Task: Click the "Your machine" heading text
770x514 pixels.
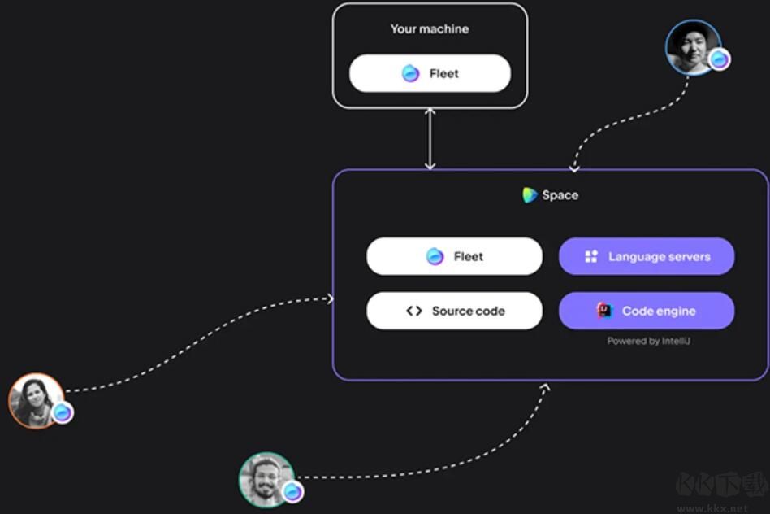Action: [430, 29]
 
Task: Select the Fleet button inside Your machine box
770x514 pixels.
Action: [430, 73]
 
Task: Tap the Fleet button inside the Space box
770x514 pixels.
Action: [454, 256]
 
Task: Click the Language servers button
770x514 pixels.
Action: [647, 256]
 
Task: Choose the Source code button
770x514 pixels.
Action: [454, 311]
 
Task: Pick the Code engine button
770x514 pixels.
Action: [647, 311]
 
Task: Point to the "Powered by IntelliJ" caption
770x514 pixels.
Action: [649, 341]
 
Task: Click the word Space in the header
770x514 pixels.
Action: [560, 195]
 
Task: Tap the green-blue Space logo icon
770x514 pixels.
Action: [530, 195]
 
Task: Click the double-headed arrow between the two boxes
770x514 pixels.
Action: [430, 139]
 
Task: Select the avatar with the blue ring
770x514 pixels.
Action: [693, 48]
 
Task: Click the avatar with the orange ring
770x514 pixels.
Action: [37, 400]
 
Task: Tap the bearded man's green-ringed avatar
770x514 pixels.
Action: [266, 480]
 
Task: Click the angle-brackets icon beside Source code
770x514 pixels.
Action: [414, 311]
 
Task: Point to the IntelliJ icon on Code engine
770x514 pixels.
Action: [604, 311]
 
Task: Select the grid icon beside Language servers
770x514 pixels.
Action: [591, 256]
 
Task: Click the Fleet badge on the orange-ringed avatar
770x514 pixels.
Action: [63, 412]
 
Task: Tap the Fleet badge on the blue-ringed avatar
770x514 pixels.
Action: [720, 59]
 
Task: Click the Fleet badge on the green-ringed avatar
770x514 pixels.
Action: [292, 491]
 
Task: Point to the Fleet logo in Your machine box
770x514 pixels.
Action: [410, 73]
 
